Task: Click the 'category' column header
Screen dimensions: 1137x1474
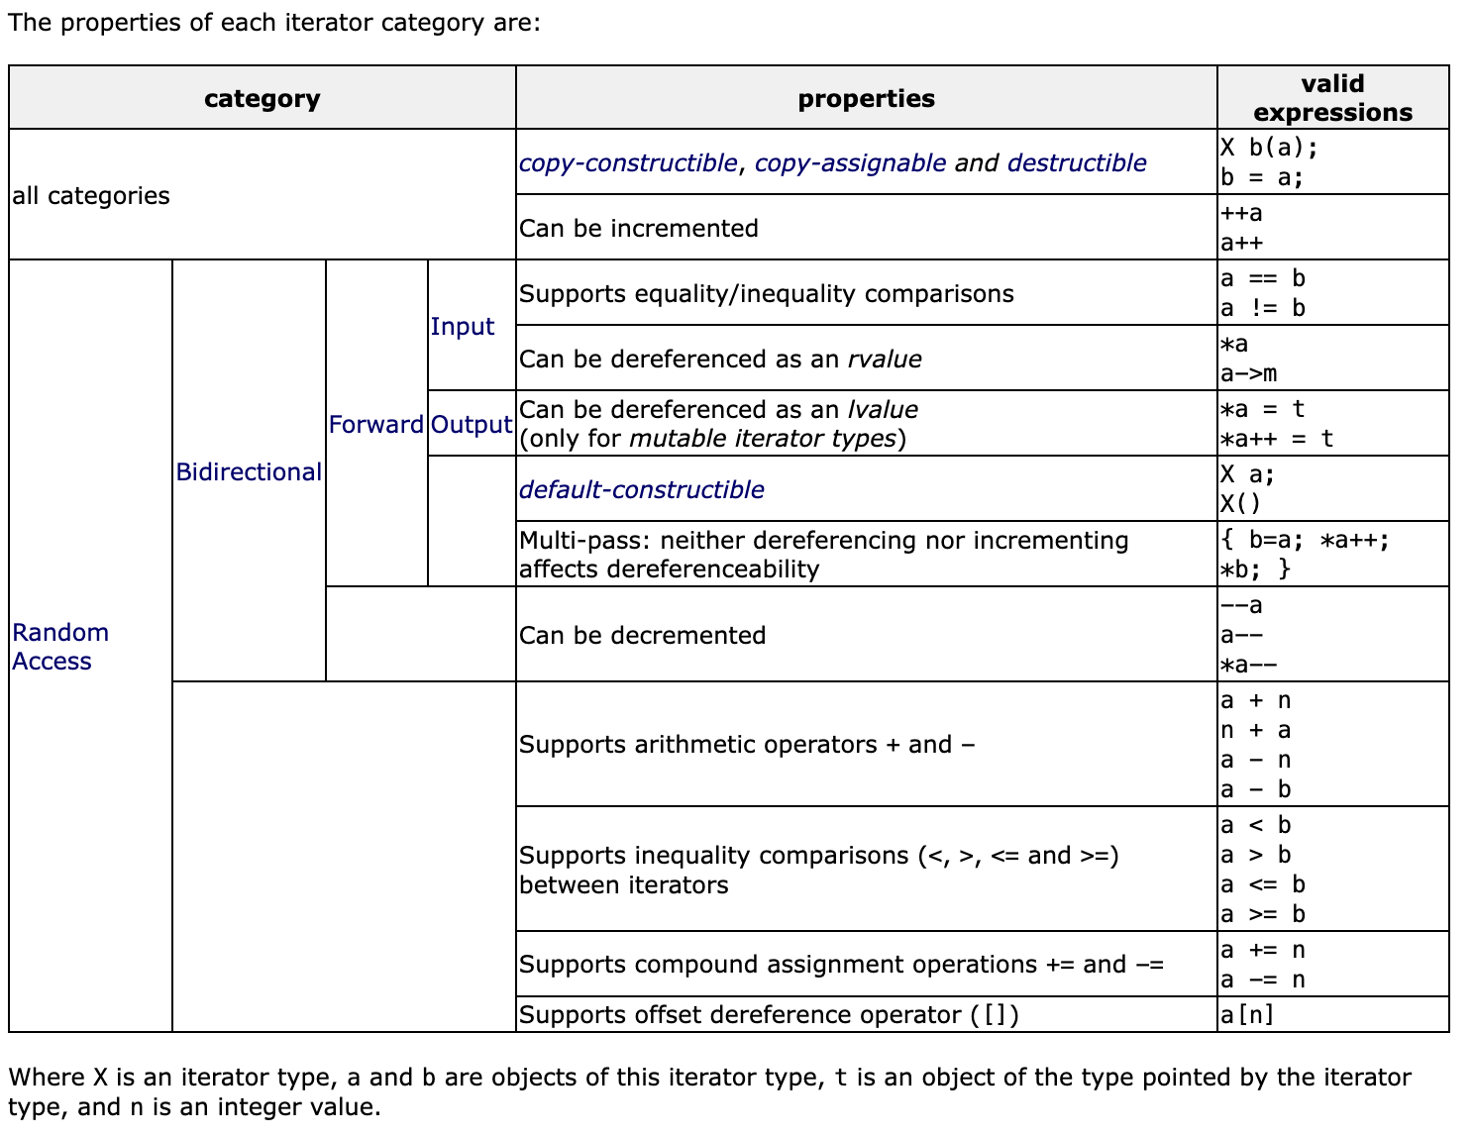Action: pyautogui.click(x=263, y=99)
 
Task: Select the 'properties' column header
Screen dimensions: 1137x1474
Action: pyautogui.click(x=866, y=99)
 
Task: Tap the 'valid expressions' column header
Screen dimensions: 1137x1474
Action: pyautogui.click(x=1332, y=98)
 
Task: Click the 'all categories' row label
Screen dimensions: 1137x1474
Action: pyautogui.click(x=91, y=196)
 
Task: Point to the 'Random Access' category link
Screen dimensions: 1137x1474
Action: pyautogui.click(x=59, y=647)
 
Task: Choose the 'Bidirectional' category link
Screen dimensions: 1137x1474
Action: pyautogui.click(x=249, y=472)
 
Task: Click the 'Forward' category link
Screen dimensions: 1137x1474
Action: pyautogui.click(x=376, y=425)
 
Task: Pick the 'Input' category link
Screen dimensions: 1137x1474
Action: pyautogui.click(x=463, y=327)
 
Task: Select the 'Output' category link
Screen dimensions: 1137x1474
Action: pyautogui.click(x=472, y=425)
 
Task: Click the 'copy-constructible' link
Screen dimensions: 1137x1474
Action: pyautogui.click(x=628, y=163)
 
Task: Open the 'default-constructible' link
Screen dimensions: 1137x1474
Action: pyautogui.click(x=642, y=490)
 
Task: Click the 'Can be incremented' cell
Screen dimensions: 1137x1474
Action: pyautogui.click(x=639, y=229)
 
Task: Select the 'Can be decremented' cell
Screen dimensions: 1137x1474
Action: pyautogui.click(x=643, y=636)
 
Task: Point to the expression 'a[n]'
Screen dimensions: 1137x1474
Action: pyautogui.click(x=1247, y=1015)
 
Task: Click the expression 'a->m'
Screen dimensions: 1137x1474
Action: pyautogui.click(x=1249, y=374)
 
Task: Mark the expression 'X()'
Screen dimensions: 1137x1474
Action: pyautogui.click(x=1241, y=504)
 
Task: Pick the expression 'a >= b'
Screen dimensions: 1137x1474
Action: pyautogui.click(x=1263, y=915)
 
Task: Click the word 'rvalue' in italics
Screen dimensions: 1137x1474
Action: pyautogui.click(x=885, y=360)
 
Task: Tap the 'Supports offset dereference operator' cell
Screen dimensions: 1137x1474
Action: pyautogui.click(x=769, y=1015)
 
